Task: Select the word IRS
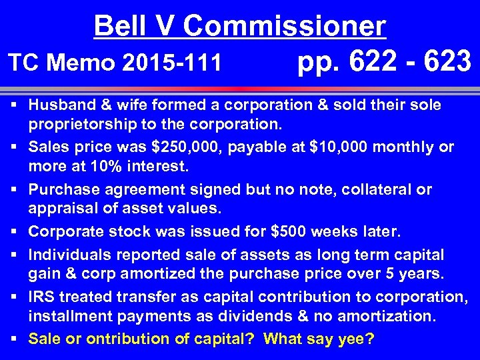tap(41, 297)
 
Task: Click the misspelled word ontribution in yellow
tap(104, 339)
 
